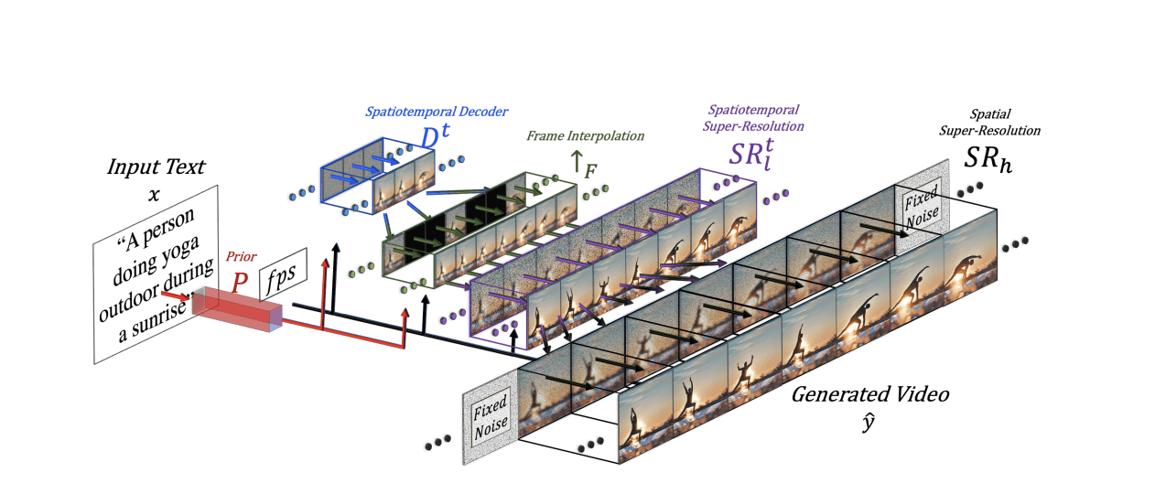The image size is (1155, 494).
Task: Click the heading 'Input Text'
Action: [x=156, y=167]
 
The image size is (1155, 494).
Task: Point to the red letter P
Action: [x=240, y=281]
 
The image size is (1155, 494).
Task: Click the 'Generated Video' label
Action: [x=869, y=395]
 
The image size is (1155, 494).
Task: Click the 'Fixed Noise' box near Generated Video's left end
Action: [x=491, y=420]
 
